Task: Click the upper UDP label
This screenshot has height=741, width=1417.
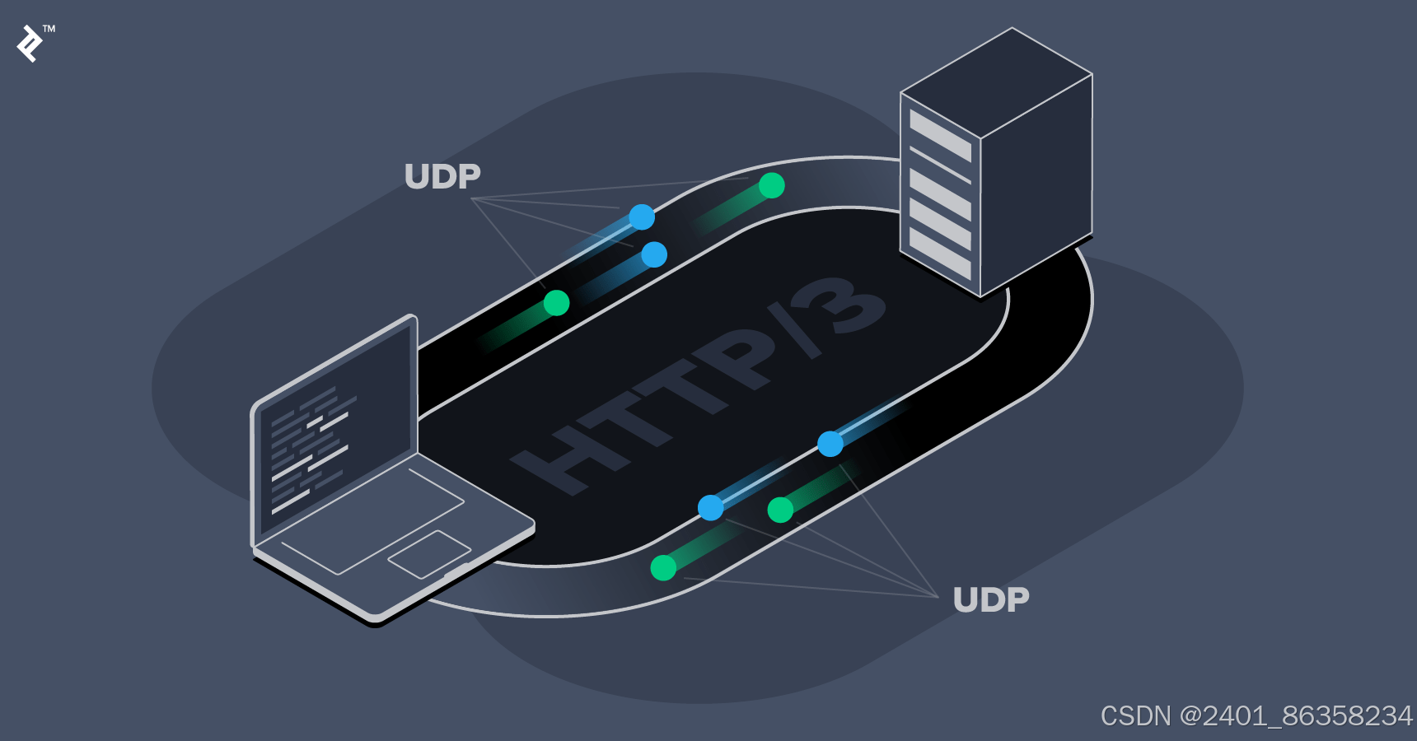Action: (442, 176)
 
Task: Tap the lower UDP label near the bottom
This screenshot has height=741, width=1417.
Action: (990, 600)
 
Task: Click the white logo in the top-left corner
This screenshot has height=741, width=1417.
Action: (30, 44)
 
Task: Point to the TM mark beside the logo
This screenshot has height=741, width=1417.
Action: (49, 29)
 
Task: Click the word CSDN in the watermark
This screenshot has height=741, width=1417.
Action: (1135, 716)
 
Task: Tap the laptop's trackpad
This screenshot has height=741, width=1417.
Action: (429, 554)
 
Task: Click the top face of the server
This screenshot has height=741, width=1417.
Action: (997, 82)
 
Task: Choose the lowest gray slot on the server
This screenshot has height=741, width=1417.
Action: (940, 253)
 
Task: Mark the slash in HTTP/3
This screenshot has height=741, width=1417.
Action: (795, 329)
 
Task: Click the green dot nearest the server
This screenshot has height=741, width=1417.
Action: (772, 186)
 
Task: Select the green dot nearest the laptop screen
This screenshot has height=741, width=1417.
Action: (557, 303)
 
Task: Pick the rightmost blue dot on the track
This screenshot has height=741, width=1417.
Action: (830, 444)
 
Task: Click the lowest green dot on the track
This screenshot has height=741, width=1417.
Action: (663, 567)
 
